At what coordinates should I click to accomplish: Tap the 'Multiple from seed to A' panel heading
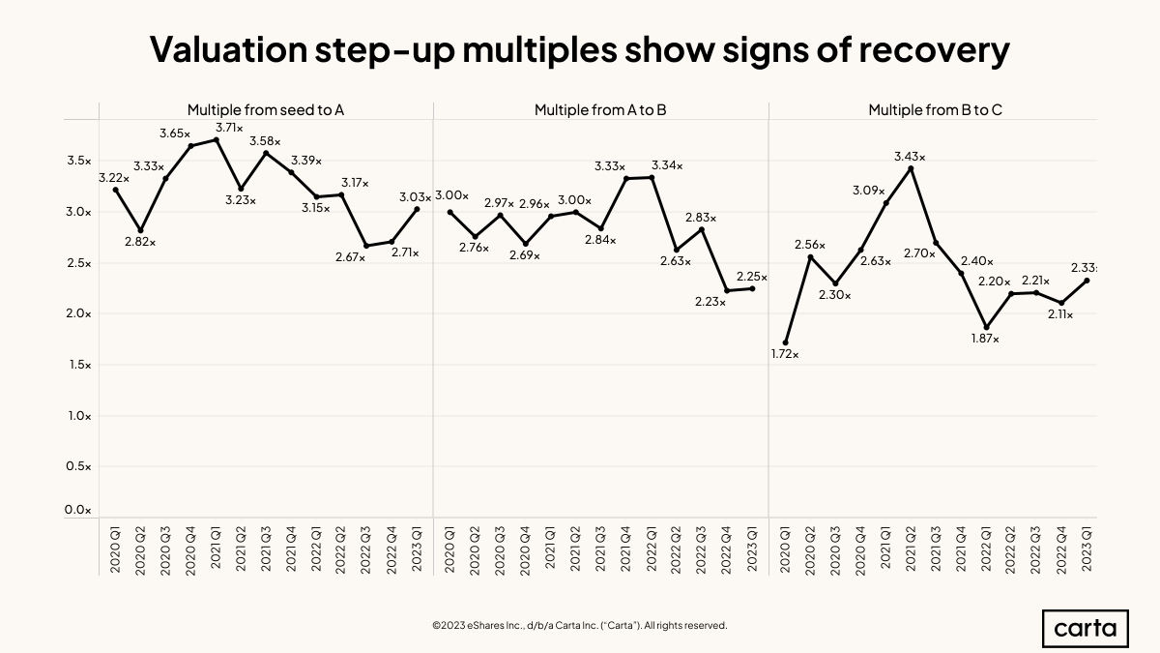pyautogui.click(x=266, y=109)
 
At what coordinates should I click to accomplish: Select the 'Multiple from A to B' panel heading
pyautogui.click(x=600, y=109)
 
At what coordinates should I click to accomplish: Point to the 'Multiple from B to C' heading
pyautogui.click(x=935, y=109)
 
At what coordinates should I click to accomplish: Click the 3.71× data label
pyautogui.click(x=229, y=128)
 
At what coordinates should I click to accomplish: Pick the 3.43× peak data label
pyautogui.click(x=910, y=157)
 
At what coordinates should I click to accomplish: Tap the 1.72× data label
pyautogui.click(x=784, y=355)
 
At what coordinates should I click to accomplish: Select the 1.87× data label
pyautogui.click(x=984, y=339)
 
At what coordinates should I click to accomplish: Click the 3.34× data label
pyautogui.click(x=667, y=165)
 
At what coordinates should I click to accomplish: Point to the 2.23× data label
pyautogui.click(x=709, y=302)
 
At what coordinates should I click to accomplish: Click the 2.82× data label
pyautogui.click(x=140, y=242)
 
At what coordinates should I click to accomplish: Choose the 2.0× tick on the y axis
pyautogui.click(x=77, y=314)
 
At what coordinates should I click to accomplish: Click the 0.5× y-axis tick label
pyautogui.click(x=77, y=466)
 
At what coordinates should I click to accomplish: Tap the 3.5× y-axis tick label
pyautogui.click(x=77, y=162)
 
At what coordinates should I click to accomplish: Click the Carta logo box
pyautogui.click(x=1085, y=628)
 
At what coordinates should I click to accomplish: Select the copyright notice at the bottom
pyautogui.click(x=580, y=626)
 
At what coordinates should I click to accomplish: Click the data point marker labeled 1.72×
pyautogui.click(x=785, y=342)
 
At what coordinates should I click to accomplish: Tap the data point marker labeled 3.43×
pyautogui.click(x=911, y=168)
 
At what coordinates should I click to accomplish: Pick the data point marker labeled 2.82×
pyautogui.click(x=140, y=230)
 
